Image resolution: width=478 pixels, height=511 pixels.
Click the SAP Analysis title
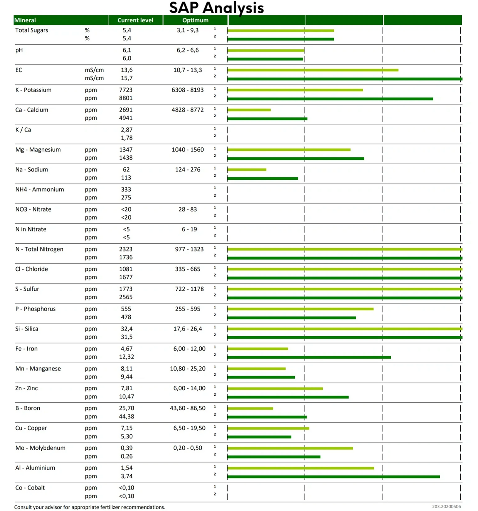click(x=216, y=8)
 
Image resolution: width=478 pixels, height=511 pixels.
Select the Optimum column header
click(x=195, y=20)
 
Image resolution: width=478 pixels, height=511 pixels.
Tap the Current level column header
click(x=135, y=20)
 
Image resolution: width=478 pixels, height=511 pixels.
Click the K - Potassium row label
click(x=33, y=90)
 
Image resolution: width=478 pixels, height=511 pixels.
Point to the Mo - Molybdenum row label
click(x=40, y=448)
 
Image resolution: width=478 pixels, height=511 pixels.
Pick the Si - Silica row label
click(x=27, y=329)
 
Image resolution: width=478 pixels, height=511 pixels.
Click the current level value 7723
click(x=126, y=90)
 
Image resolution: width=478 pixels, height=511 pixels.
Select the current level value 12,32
click(x=126, y=357)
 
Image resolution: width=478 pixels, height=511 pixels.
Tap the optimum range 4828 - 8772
click(x=188, y=110)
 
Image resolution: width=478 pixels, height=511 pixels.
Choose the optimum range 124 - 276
click(x=188, y=169)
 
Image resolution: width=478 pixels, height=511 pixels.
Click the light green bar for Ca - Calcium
click(x=249, y=110)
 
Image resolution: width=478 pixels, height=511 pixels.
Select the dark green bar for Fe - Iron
click(x=309, y=358)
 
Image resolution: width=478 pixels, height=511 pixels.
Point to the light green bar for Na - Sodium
click(x=247, y=170)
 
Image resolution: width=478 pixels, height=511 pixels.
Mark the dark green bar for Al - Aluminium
click(x=333, y=477)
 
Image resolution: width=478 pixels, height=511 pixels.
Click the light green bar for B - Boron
click(x=250, y=408)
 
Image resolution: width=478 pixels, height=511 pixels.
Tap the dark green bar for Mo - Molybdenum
click(x=274, y=457)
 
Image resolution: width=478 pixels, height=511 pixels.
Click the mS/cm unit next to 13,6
click(x=94, y=70)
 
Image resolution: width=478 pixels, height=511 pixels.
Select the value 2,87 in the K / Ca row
click(x=126, y=130)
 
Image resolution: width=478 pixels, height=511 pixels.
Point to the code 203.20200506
click(x=446, y=506)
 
